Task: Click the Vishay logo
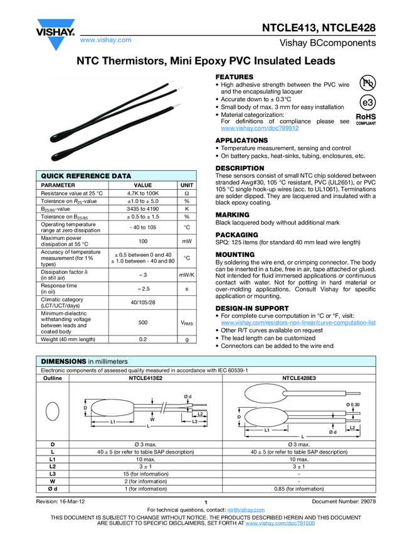pos(55,33)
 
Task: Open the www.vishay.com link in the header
pos(105,40)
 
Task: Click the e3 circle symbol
pos(368,102)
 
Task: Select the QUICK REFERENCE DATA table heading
pos(86,176)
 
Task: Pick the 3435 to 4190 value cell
pos(143,209)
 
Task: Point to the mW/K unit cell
pos(187,275)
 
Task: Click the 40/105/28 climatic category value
pos(143,303)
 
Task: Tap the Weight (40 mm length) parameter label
pos(68,339)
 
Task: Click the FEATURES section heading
pos(234,76)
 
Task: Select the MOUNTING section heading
pos(235,254)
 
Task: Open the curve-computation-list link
pos(298,322)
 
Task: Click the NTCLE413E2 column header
pos(145,379)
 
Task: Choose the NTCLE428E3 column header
pos(300,379)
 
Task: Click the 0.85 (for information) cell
pos(298,488)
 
